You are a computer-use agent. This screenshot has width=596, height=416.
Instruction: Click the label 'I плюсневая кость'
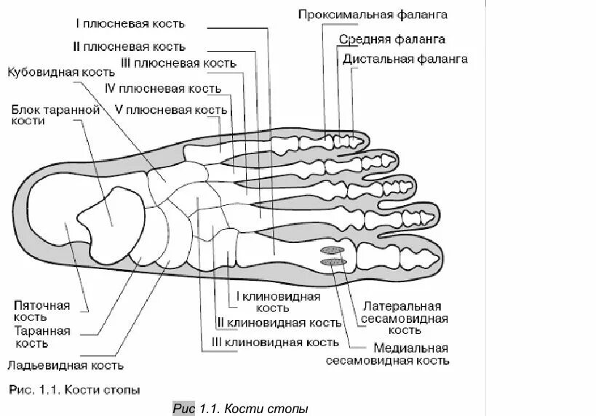point(128,23)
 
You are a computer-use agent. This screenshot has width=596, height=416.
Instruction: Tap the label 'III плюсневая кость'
point(179,63)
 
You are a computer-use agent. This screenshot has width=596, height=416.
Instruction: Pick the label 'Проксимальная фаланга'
point(372,15)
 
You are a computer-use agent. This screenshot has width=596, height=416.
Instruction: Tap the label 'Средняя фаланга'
point(392,39)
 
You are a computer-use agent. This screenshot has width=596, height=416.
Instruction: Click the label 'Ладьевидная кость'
point(65,366)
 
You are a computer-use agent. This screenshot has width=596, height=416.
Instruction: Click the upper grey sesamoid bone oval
point(331,251)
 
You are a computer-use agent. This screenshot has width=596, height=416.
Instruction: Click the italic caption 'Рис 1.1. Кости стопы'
point(241,408)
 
